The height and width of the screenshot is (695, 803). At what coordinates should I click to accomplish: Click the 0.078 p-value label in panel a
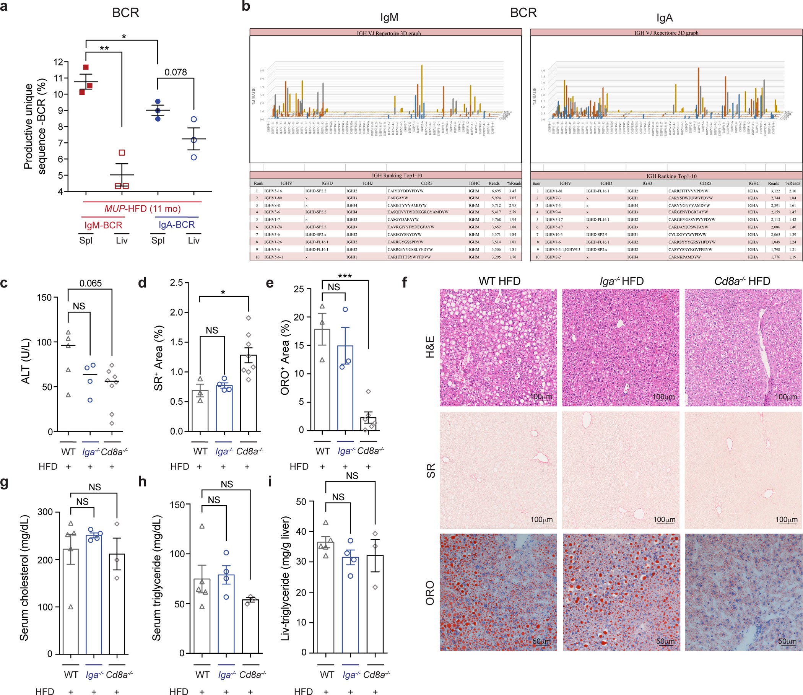(x=175, y=72)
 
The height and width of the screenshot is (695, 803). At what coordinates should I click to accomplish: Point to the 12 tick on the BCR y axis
(x=58, y=62)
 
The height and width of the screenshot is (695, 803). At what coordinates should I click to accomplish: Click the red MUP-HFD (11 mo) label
(x=142, y=209)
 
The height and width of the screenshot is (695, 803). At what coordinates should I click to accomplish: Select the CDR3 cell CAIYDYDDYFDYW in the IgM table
(x=405, y=191)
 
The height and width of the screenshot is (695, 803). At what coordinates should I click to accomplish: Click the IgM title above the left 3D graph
(x=389, y=18)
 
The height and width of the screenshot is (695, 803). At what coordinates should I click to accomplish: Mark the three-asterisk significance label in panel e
(x=345, y=276)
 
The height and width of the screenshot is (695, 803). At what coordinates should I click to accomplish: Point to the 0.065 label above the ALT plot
(x=90, y=283)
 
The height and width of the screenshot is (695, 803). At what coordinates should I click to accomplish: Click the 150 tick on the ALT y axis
(x=44, y=298)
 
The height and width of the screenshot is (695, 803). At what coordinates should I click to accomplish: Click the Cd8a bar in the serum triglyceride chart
(x=250, y=627)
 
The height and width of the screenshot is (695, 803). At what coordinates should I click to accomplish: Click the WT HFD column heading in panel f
(x=499, y=281)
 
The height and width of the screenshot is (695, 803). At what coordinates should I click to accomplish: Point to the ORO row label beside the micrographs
(x=430, y=592)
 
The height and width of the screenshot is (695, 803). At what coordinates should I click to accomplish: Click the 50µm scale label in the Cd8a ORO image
(x=787, y=641)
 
